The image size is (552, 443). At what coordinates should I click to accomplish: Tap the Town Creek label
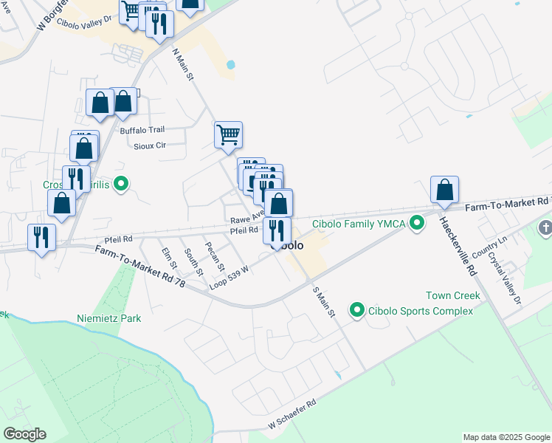(x=452, y=295)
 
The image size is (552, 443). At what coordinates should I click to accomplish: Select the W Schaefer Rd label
(x=292, y=414)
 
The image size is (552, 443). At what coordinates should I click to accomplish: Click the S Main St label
(x=324, y=303)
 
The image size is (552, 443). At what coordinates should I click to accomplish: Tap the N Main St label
(x=182, y=65)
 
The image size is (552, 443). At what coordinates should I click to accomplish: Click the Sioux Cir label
(x=150, y=145)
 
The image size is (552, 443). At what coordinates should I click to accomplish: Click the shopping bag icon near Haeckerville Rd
(x=445, y=190)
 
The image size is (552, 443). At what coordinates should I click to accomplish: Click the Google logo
(x=24, y=434)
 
